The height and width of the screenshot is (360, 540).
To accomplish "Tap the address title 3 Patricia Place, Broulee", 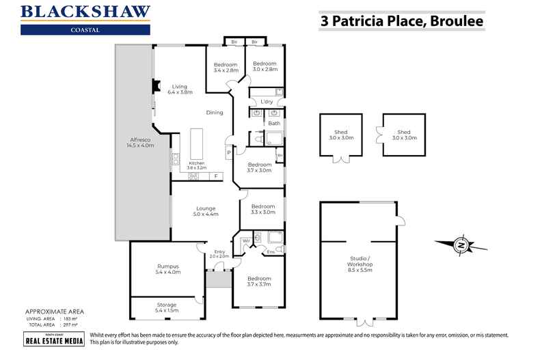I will pyautogui.click(x=402, y=20).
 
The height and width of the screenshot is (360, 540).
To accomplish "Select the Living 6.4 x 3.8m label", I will pyautogui.click(x=179, y=89).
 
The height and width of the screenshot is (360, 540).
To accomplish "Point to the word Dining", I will pyautogui.click(x=215, y=113).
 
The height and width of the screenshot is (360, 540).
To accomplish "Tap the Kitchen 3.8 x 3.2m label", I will pyautogui.click(x=197, y=166).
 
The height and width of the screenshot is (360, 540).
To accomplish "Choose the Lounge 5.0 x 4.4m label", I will pyautogui.click(x=205, y=212).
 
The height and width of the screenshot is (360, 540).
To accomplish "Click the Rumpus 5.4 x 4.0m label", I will pyautogui.click(x=167, y=269).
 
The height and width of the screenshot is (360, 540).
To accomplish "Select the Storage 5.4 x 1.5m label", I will pyautogui.click(x=167, y=307).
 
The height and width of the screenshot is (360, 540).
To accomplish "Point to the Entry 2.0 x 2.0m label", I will pyautogui.click(x=219, y=253).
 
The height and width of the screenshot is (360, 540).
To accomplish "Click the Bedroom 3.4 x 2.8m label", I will pyautogui.click(x=226, y=67).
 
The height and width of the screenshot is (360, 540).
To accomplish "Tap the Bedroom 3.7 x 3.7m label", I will pyautogui.click(x=259, y=281).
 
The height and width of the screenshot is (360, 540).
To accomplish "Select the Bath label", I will pyautogui.click(x=274, y=124).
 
